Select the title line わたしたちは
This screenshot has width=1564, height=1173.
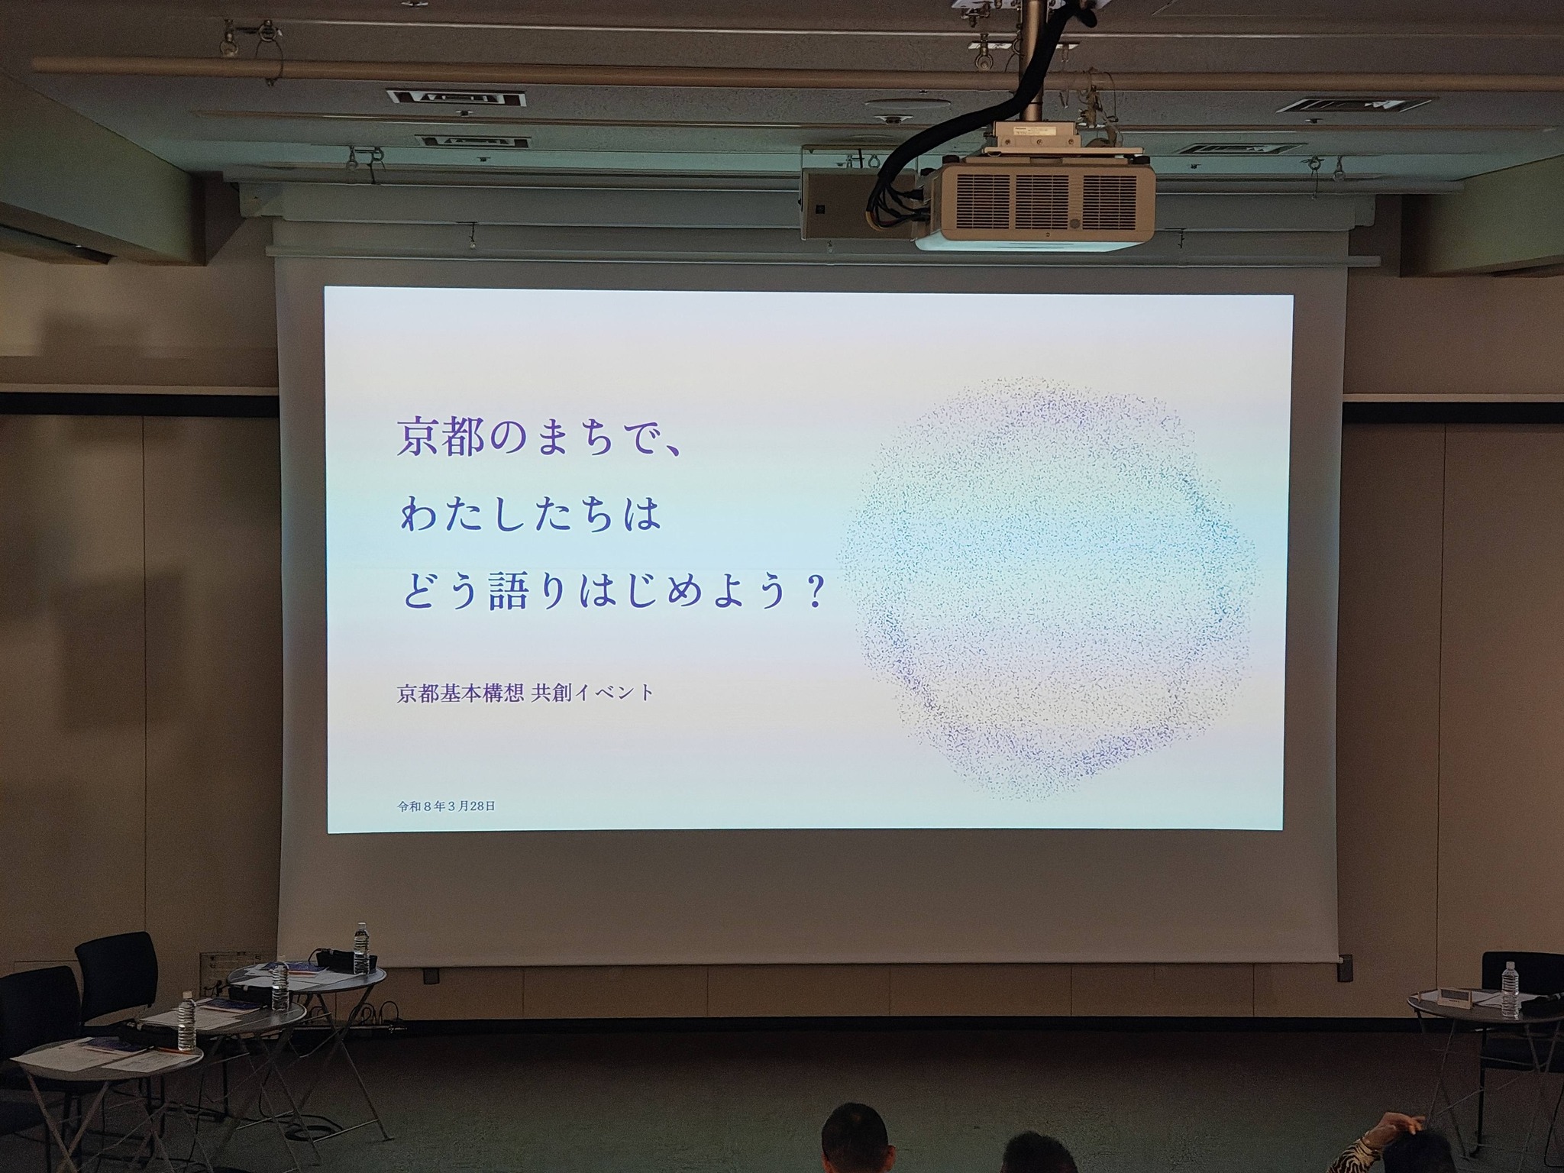coord(529,515)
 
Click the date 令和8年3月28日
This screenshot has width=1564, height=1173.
coord(446,806)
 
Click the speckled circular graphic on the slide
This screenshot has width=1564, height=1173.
coord(1046,588)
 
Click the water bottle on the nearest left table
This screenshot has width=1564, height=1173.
coord(186,1023)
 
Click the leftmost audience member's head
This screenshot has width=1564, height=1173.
coord(856,1140)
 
